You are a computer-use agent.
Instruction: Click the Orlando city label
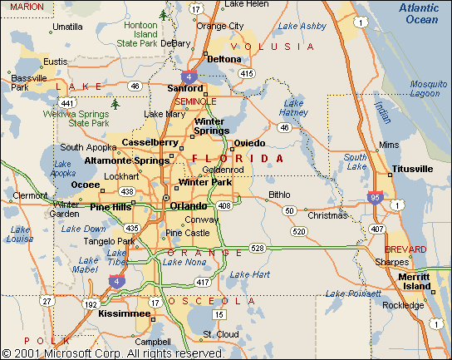coord(188,205)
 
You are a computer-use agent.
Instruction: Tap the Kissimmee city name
coord(124,315)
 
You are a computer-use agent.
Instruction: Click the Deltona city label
coord(224,59)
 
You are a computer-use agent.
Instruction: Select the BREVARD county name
coord(405,249)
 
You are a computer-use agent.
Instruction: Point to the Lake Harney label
coord(293,107)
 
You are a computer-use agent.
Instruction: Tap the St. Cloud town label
coord(221,334)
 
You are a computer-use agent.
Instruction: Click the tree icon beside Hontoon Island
coord(164,14)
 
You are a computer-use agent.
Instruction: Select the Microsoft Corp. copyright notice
coord(113,353)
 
